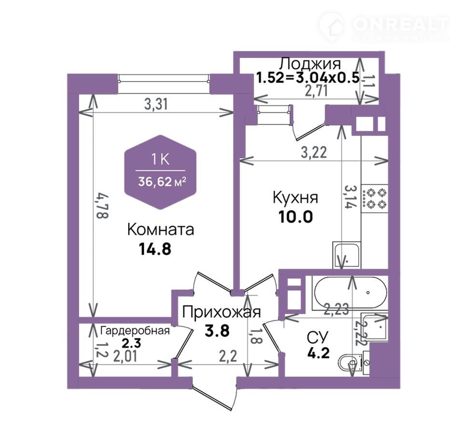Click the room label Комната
click(161, 230)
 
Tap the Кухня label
click(295, 197)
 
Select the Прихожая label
click(221, 312)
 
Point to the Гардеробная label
click(135, 331)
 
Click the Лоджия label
click(310, 64)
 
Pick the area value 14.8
click(155, 249)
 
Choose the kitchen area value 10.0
click(295, 217)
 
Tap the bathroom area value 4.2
click(318, 353)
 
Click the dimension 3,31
click(156, 104)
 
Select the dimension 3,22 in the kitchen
click(314, 152)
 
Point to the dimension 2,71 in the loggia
click(316, 91)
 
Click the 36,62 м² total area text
click(162, 182)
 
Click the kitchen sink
click(347, 255)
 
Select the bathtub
click(350, 292)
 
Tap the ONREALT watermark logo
click(384, 26)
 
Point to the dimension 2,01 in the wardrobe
click(125, 357)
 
